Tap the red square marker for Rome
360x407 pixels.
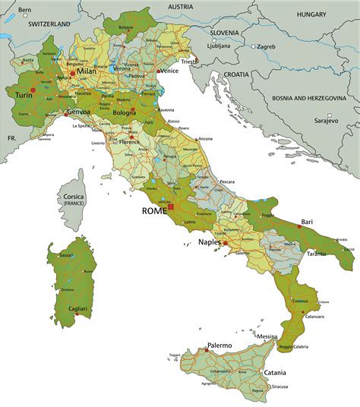pyautogui.click(x=172, y=207)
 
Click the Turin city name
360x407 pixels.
pyautogui.click(x=24, y=95)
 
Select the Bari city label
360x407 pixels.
pyautogui.click(x=307, y=222)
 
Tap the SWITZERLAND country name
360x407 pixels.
pyautogui.click(x=49, y=24)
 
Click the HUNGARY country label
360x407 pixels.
pyautogui.click(x=311, y=14)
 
